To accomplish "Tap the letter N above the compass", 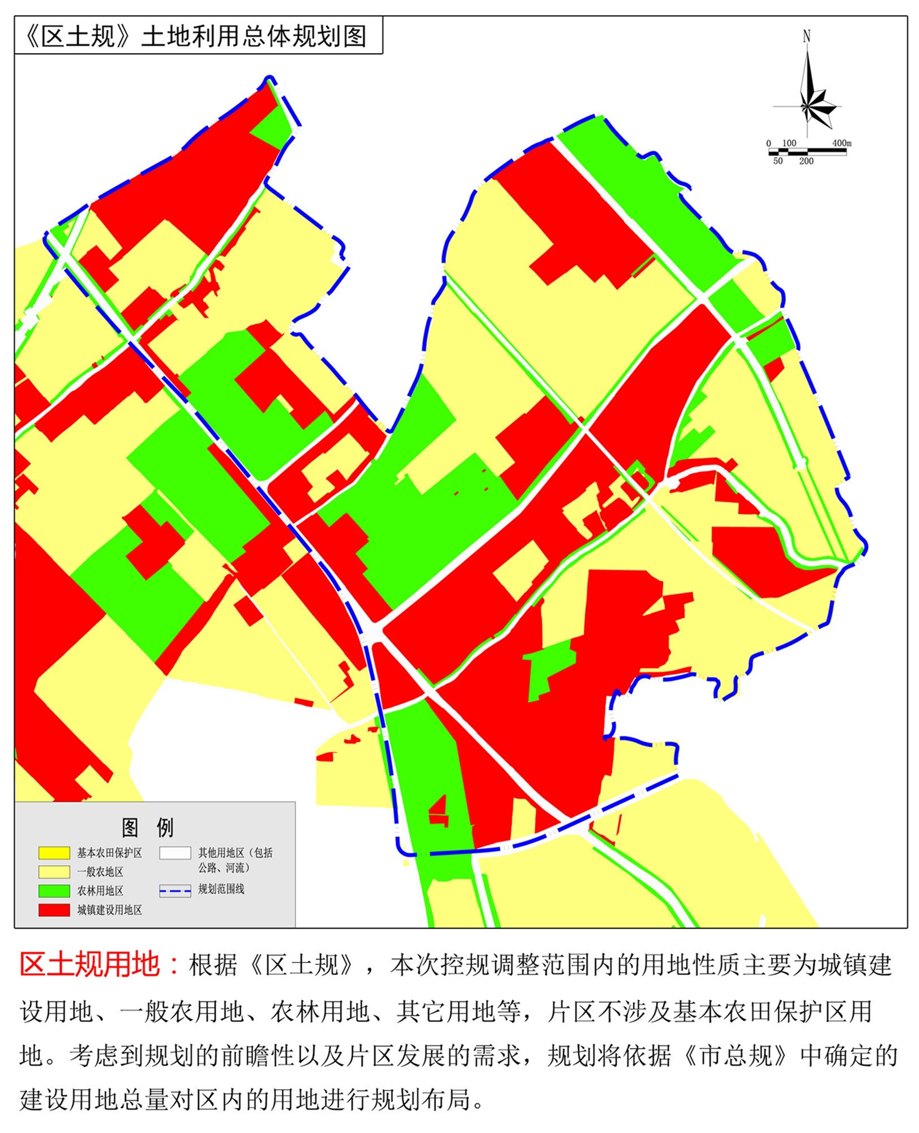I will pyautogui.click(x=807, y=36).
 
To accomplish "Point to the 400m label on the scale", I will pyautogui.click(x=842, y=143).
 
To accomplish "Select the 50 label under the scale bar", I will pyautogui.click(x=778, y=161).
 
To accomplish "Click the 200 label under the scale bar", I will pyautogui.click(x=806, y=161).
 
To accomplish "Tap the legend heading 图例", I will pyautogui.click(x=147, y=827).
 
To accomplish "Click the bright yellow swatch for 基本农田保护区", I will pyautogui.click(x=54, y=853).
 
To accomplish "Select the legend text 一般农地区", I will pyautogui.click(x=100, y=872).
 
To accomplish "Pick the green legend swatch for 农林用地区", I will pyautogui.click(x=54, y=891).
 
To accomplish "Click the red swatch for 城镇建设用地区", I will pyautogui.click(x=54, y=910).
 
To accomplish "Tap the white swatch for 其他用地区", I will pyautogui.click(x=175, y=853).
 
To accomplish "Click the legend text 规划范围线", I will pyautogui.click(x=221, y=889).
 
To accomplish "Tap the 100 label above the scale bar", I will pyautogui.click(x=789, y=143).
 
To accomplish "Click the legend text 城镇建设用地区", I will pyautogui.click(x=109, y=910).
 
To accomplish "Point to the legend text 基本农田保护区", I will pyautogui.click(x=109, y=853).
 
